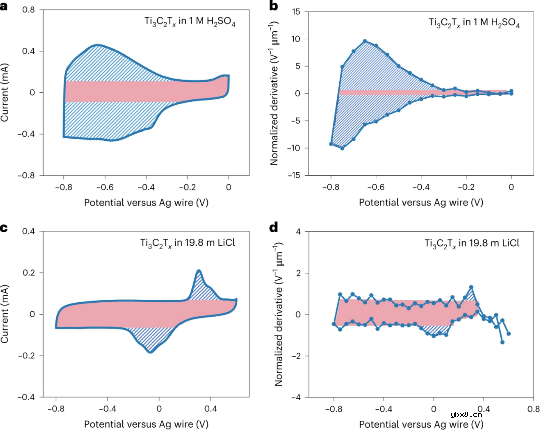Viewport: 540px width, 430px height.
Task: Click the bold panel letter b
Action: click(x=274, y=7)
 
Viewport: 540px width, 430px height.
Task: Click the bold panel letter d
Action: click(x=274, y=229)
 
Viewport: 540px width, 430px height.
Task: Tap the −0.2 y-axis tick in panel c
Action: click(x=28, y=356)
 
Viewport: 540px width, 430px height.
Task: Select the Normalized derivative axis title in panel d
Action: click(x=279, y=315)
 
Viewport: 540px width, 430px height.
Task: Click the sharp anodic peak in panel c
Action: click(x=199, y=271)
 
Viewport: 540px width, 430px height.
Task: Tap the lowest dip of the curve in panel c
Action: click(x=150, y=352)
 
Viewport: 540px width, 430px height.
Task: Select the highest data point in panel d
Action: click(x=471, y=287)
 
